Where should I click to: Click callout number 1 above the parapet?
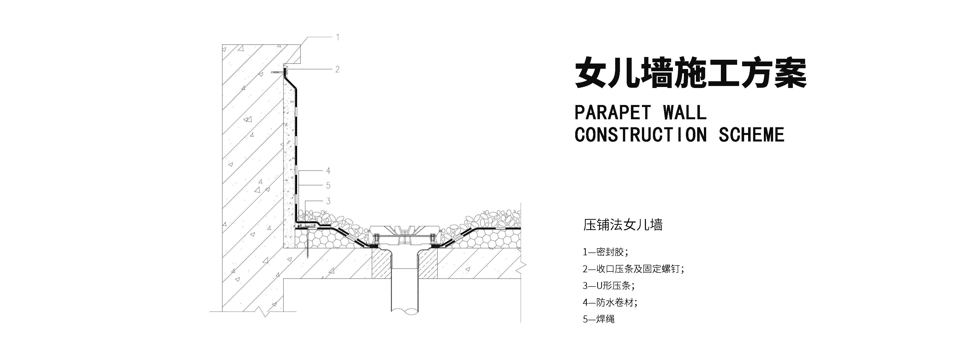(x=337, y=37)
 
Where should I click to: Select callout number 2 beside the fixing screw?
(x=337, y=69)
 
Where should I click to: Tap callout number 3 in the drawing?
(x=328, y=201)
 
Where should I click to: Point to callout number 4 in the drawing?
(x=328, y=171)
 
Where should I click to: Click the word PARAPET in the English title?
(x=612, y=113)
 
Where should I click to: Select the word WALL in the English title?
(x=685, y=113)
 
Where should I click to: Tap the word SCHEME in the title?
(x=751, y=135)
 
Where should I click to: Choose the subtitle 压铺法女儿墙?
(x=623, y=225)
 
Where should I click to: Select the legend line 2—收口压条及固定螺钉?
(x=633, y=269)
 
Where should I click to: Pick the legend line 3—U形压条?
(x=609, y=286)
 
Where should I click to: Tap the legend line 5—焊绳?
(x=599, y=319)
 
